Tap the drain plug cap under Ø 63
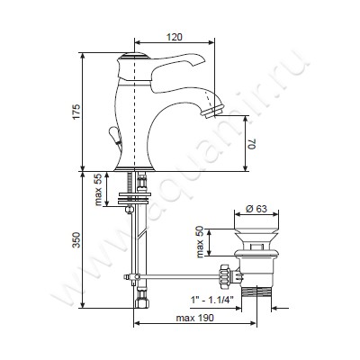[x=256, y=233]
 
